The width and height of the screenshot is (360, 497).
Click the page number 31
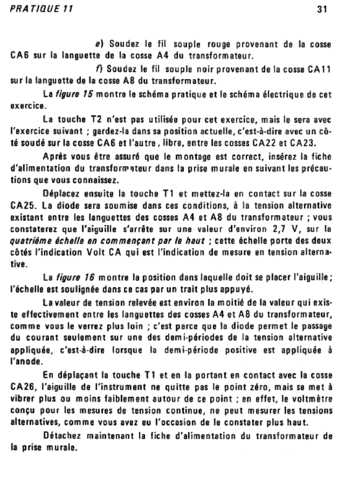click(321, 9)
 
